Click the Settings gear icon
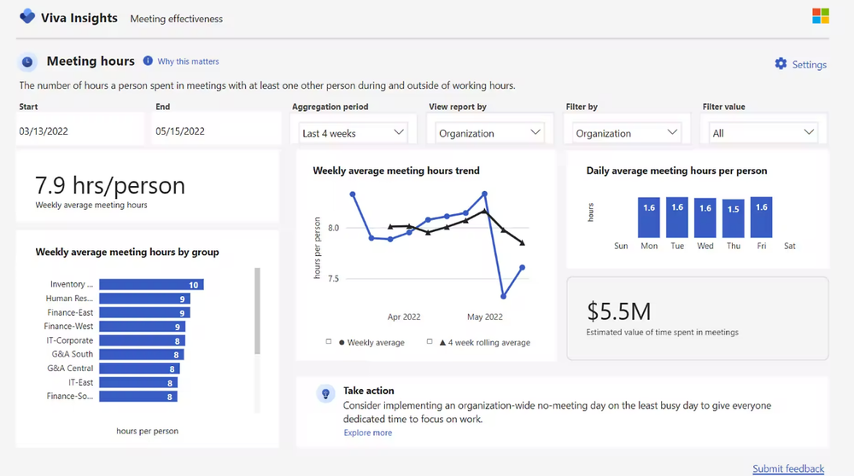click(781, 64)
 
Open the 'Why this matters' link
click(188, 61)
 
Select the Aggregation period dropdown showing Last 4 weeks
click(353, 133)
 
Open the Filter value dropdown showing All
click(763, 133)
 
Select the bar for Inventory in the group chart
click(151, 285)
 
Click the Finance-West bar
click(142, 327)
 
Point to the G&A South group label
click(72, 354)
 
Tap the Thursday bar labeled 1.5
click(733, 218)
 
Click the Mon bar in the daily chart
click(649, 217)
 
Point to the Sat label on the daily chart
click(789, 246)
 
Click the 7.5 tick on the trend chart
click(333, 279)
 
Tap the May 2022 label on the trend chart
click(485, 316)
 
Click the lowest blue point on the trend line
click(503, 297)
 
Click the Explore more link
click(367, 432)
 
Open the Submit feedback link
click(788, 468)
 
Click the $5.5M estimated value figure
click(618, 311)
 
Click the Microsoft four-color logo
click(820, 15)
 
